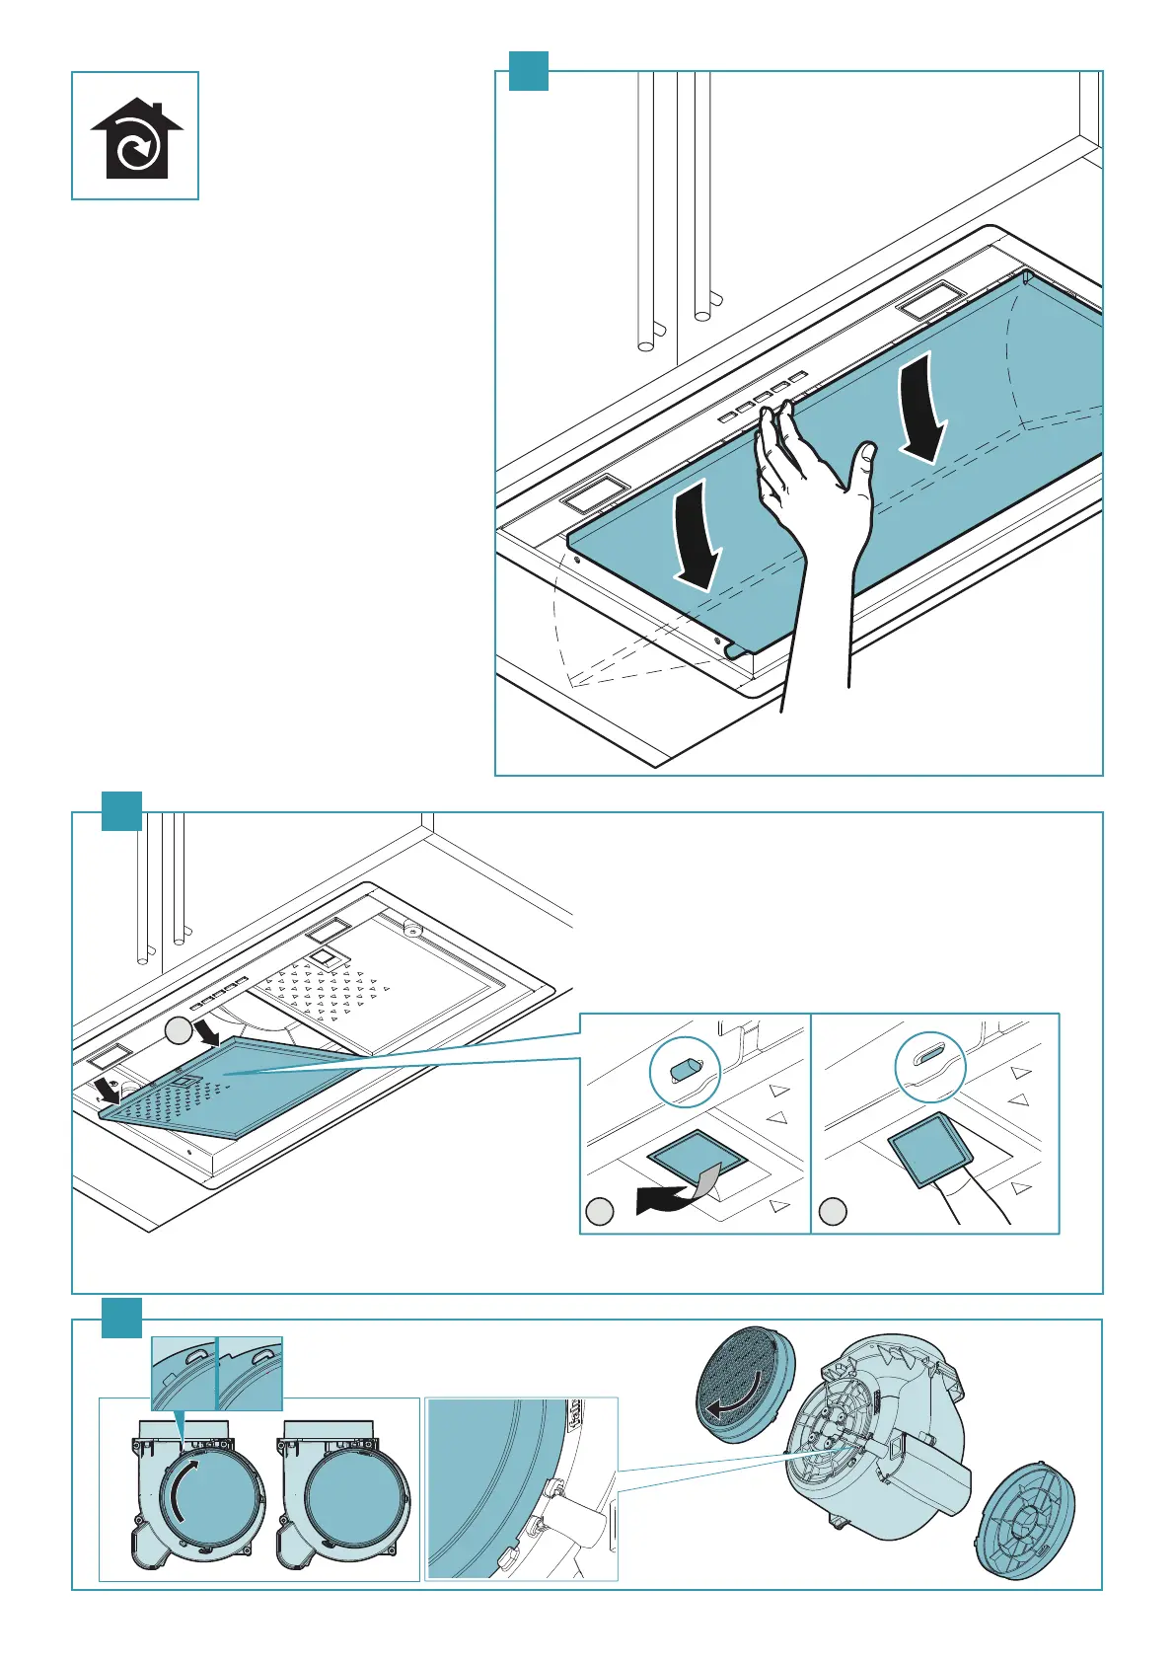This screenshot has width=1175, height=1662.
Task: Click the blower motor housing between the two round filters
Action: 868,1451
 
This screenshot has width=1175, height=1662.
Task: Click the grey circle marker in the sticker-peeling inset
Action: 600,1212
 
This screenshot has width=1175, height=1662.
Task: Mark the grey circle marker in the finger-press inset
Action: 834,1212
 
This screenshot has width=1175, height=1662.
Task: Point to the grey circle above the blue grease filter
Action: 178,1030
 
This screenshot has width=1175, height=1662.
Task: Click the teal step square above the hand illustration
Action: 528,71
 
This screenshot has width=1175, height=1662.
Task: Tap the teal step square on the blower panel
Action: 122,1319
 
